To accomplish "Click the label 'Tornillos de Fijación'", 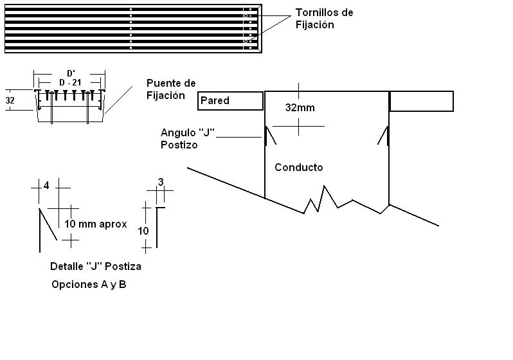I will coord(324,19).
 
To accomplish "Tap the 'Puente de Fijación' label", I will coord(170,89).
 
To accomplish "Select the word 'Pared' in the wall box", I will coord(215,100).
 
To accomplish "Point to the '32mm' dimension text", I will coord(300,108).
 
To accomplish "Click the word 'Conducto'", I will coord(298,167).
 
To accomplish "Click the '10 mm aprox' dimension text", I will coord(95,224).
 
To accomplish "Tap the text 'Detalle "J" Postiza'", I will coord(95,266).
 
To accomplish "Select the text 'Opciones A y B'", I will coord(89,284).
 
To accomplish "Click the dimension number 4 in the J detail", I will coord(46,186).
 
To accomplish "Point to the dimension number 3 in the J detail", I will coord(161,182).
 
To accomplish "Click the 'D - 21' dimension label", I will coord(71,83).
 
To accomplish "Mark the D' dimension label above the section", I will coord(71,73).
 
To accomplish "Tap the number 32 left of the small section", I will coord(10,100).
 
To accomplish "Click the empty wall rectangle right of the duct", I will coord(421,101).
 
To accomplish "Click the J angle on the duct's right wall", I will coord(384,136).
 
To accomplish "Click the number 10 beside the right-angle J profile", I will coord(143,231).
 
